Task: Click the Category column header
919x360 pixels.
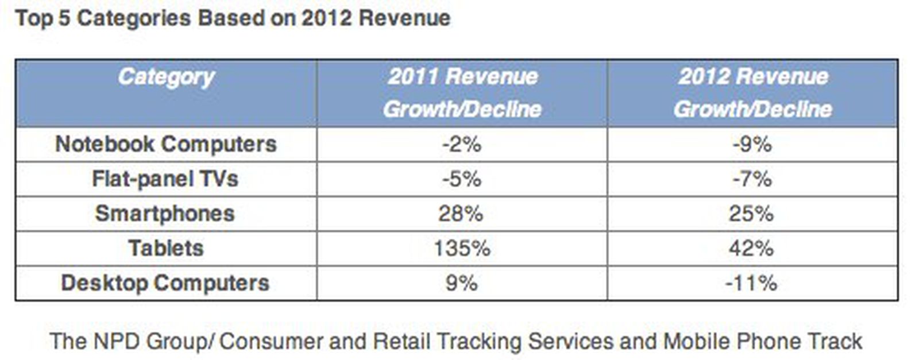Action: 166,77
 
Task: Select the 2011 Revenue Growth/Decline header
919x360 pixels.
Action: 462,92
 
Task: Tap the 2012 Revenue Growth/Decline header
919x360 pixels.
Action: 752,92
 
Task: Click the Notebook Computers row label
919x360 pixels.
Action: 166,144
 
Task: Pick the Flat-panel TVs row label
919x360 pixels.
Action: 165,179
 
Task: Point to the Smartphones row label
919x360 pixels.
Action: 165,214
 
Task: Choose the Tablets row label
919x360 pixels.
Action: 166,248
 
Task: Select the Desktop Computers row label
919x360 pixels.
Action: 165,283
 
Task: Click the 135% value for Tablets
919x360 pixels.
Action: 462,248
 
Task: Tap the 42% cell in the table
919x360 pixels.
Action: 752,248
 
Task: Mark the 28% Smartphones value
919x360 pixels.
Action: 461,214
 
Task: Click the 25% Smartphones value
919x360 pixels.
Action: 752,214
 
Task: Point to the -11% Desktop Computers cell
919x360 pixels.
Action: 751,283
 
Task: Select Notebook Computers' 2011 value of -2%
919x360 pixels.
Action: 462,144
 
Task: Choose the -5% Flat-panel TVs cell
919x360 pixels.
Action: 462,179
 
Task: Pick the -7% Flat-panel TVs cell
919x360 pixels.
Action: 752,179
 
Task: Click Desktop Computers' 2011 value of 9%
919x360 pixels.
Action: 462,283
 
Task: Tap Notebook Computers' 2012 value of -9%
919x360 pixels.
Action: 752,144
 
